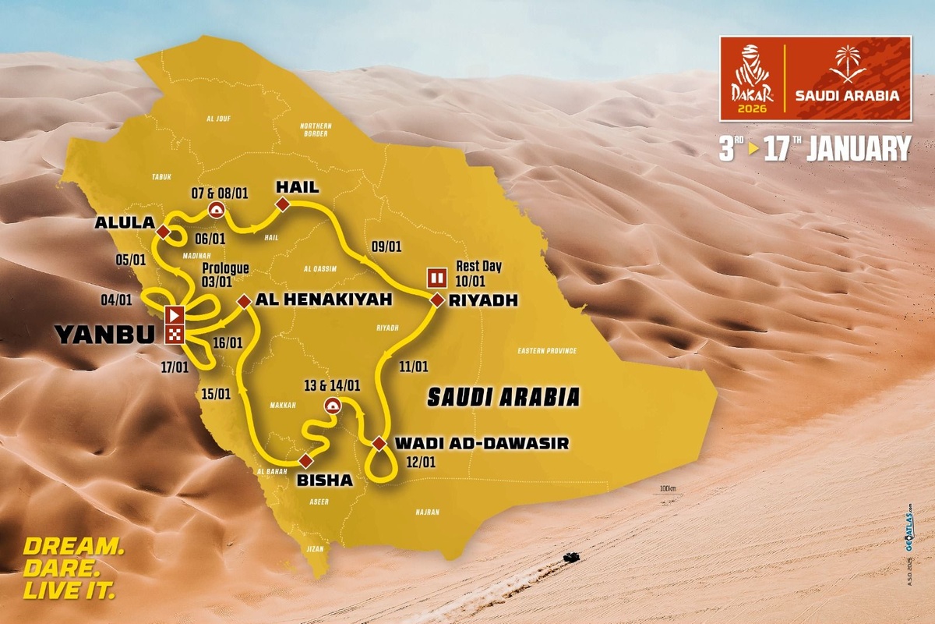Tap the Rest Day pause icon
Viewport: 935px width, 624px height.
click(436, 277)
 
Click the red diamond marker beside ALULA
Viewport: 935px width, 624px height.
click(164, 232)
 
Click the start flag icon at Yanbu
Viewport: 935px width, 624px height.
click(175, 316)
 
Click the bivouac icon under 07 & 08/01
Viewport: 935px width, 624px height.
click(216, 209)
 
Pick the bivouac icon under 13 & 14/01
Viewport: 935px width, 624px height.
click(332, 404)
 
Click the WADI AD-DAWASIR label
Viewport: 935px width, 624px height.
click(481, 443)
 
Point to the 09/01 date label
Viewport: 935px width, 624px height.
click(386, 246)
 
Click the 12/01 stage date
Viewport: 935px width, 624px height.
click(422, 462)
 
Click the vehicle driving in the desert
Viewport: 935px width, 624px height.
click(570, 558)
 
